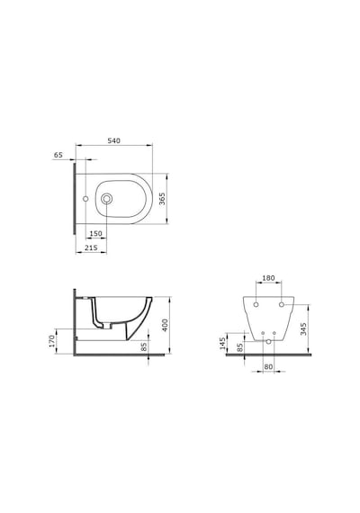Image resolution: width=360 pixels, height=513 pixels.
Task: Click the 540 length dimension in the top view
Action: pos(114,140)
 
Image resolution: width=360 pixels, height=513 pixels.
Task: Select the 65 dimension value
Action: pos(58,155)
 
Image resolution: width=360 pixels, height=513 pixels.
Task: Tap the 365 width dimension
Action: pos(162,199)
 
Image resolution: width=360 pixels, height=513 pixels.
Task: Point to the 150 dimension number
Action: pos(96,234)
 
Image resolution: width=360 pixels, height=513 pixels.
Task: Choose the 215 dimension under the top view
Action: pos(91,247)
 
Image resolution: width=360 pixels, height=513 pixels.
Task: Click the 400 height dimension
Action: pos(165,325)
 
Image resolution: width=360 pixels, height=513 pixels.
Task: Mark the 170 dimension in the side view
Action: pos(52,341)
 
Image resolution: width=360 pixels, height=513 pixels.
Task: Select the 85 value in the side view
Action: pos(144,346)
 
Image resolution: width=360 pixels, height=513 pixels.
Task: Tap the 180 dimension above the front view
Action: pos(268,278)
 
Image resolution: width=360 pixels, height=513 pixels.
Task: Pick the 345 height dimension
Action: pos(303,329)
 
